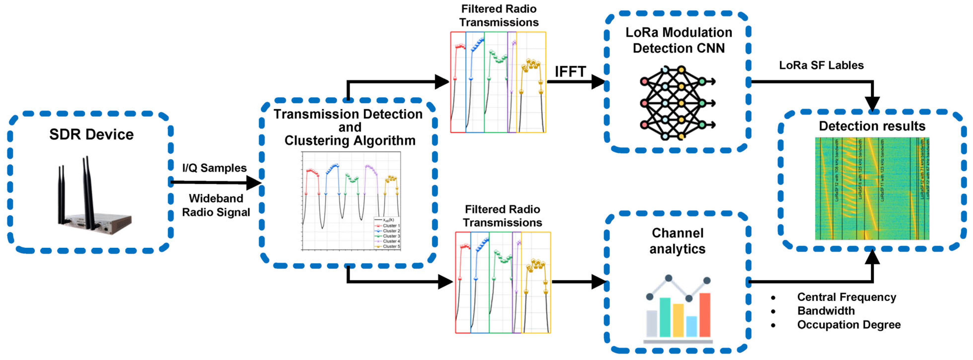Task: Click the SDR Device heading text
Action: click(x=91, y=135)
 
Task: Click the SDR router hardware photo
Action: click(x=93, y=198)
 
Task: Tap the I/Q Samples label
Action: click(x=214, y=168)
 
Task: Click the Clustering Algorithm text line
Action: click(x=350, y=141)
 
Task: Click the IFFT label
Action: click(x=570, y=72)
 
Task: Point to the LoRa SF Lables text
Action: click(x=821, y=65)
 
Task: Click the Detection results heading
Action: click(x=872, y=126)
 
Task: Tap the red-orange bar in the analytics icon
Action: click(x=705, y=314)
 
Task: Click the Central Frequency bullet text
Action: click(x=846, y=297)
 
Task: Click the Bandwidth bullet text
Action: click(x=826, y=311)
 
